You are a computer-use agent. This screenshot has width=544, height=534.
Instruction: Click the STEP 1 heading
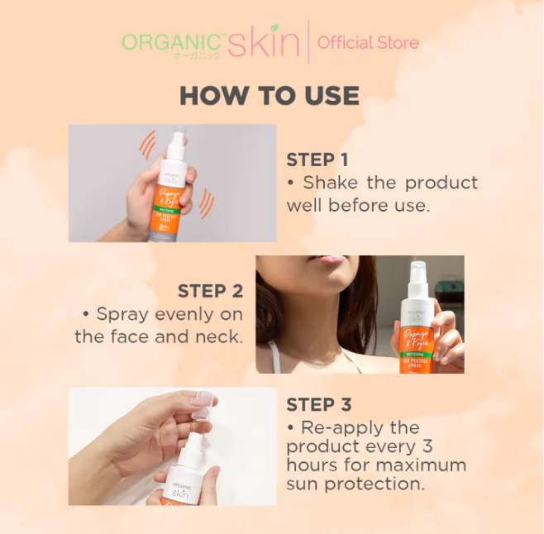[x=317, y=160]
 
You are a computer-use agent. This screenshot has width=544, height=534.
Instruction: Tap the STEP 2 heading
[x=210, y=292]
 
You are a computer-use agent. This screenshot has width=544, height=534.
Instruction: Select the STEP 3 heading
[x=318, y=404]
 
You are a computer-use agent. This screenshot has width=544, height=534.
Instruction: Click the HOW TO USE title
[x=270, y=96]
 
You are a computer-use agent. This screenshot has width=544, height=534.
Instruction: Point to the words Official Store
[x=368, y=43]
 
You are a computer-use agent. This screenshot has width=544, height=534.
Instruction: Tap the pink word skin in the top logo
[x=263, y=42]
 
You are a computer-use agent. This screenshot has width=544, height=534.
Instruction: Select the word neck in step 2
[x=221, y=336]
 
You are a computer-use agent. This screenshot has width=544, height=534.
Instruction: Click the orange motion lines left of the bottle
[x=147, y=146]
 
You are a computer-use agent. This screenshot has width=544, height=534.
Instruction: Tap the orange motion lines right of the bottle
[x=206, y=203]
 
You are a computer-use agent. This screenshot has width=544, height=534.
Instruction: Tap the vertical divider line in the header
[x=308, y=42]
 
